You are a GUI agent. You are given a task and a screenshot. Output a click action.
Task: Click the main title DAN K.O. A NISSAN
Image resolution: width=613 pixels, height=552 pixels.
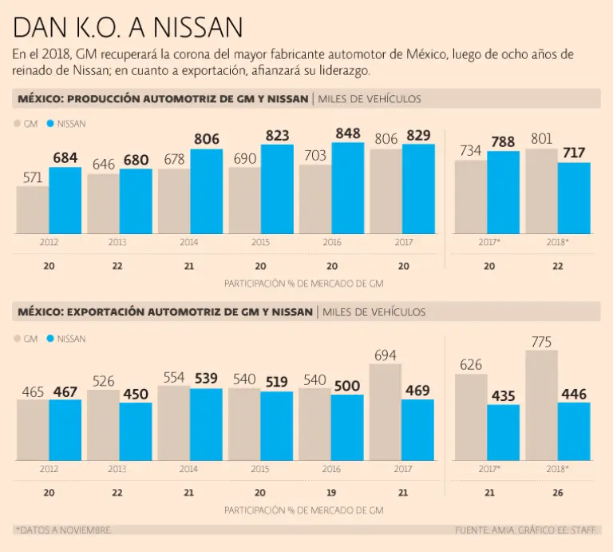[x=128, y=29]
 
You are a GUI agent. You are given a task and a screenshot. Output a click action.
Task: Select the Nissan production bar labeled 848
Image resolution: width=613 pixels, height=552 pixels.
[x=348, y=189]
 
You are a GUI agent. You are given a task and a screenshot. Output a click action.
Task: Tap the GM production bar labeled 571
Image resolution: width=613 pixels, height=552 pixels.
[x=32, y=210]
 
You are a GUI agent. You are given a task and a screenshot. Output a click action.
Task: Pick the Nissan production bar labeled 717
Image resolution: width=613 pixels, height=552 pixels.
[x=574, y=198]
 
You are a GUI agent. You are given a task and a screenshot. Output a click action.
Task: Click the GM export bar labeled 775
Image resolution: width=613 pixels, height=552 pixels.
[x=541, y=405]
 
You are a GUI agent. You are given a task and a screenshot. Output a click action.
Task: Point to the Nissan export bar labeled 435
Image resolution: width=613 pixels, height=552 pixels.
[x=503, y=432]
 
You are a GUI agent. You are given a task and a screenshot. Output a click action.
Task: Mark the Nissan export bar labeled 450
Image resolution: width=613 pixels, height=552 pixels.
[x=136, y=431]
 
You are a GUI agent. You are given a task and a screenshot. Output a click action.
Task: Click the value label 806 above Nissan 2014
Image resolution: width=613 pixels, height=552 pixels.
[x=206, y=139]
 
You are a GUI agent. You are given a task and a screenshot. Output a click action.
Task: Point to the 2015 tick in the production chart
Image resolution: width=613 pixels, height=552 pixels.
[x=261, y=240]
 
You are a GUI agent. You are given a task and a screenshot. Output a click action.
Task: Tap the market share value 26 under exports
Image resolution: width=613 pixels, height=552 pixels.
[x=557, y=493]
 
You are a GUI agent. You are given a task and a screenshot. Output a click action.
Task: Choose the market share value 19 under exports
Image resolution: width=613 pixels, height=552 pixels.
[x=331, y=493]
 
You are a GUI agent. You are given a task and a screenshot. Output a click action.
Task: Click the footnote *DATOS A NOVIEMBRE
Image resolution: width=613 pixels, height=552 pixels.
[x=64, y=530]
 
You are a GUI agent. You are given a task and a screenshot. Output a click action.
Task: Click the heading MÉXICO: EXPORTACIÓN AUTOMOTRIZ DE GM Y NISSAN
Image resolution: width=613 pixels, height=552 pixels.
[x=164, y=312]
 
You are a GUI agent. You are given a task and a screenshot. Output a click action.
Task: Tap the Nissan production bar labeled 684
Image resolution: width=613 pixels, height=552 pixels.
[x=65, y=201]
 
